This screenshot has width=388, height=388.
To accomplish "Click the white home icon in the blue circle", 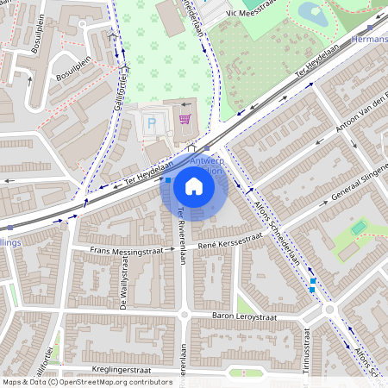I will pos(194,185).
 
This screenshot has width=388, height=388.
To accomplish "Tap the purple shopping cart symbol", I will pos(184,119).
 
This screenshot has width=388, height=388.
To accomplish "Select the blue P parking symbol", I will pos(153,124).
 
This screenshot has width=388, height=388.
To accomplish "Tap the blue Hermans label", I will pos(370,41).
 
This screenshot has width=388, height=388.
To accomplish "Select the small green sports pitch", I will pos(359,228).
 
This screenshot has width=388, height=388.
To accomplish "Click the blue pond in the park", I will pos(311,14).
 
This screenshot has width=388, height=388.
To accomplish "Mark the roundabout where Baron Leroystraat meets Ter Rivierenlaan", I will pos(184,315).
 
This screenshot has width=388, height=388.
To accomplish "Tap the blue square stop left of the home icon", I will pos(167,180).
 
